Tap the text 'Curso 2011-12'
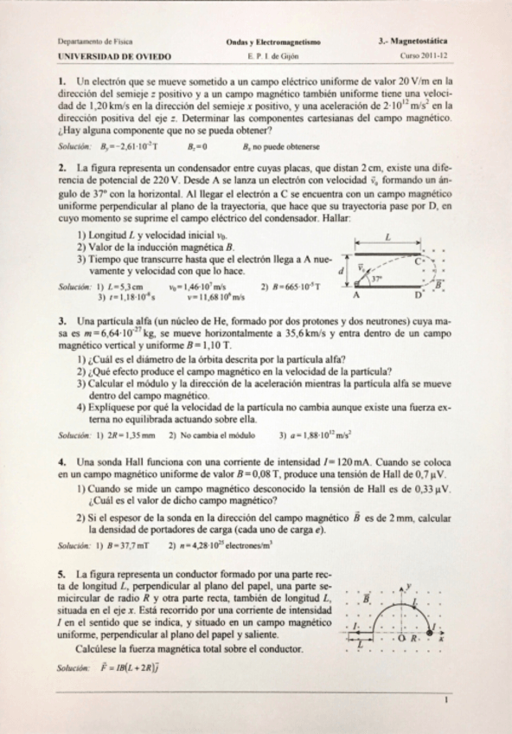[425, 55]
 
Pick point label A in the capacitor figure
[355, 295]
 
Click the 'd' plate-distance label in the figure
[340, 271]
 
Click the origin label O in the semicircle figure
[400, 637]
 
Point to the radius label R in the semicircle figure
[413, 637]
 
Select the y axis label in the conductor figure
[408, 584]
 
